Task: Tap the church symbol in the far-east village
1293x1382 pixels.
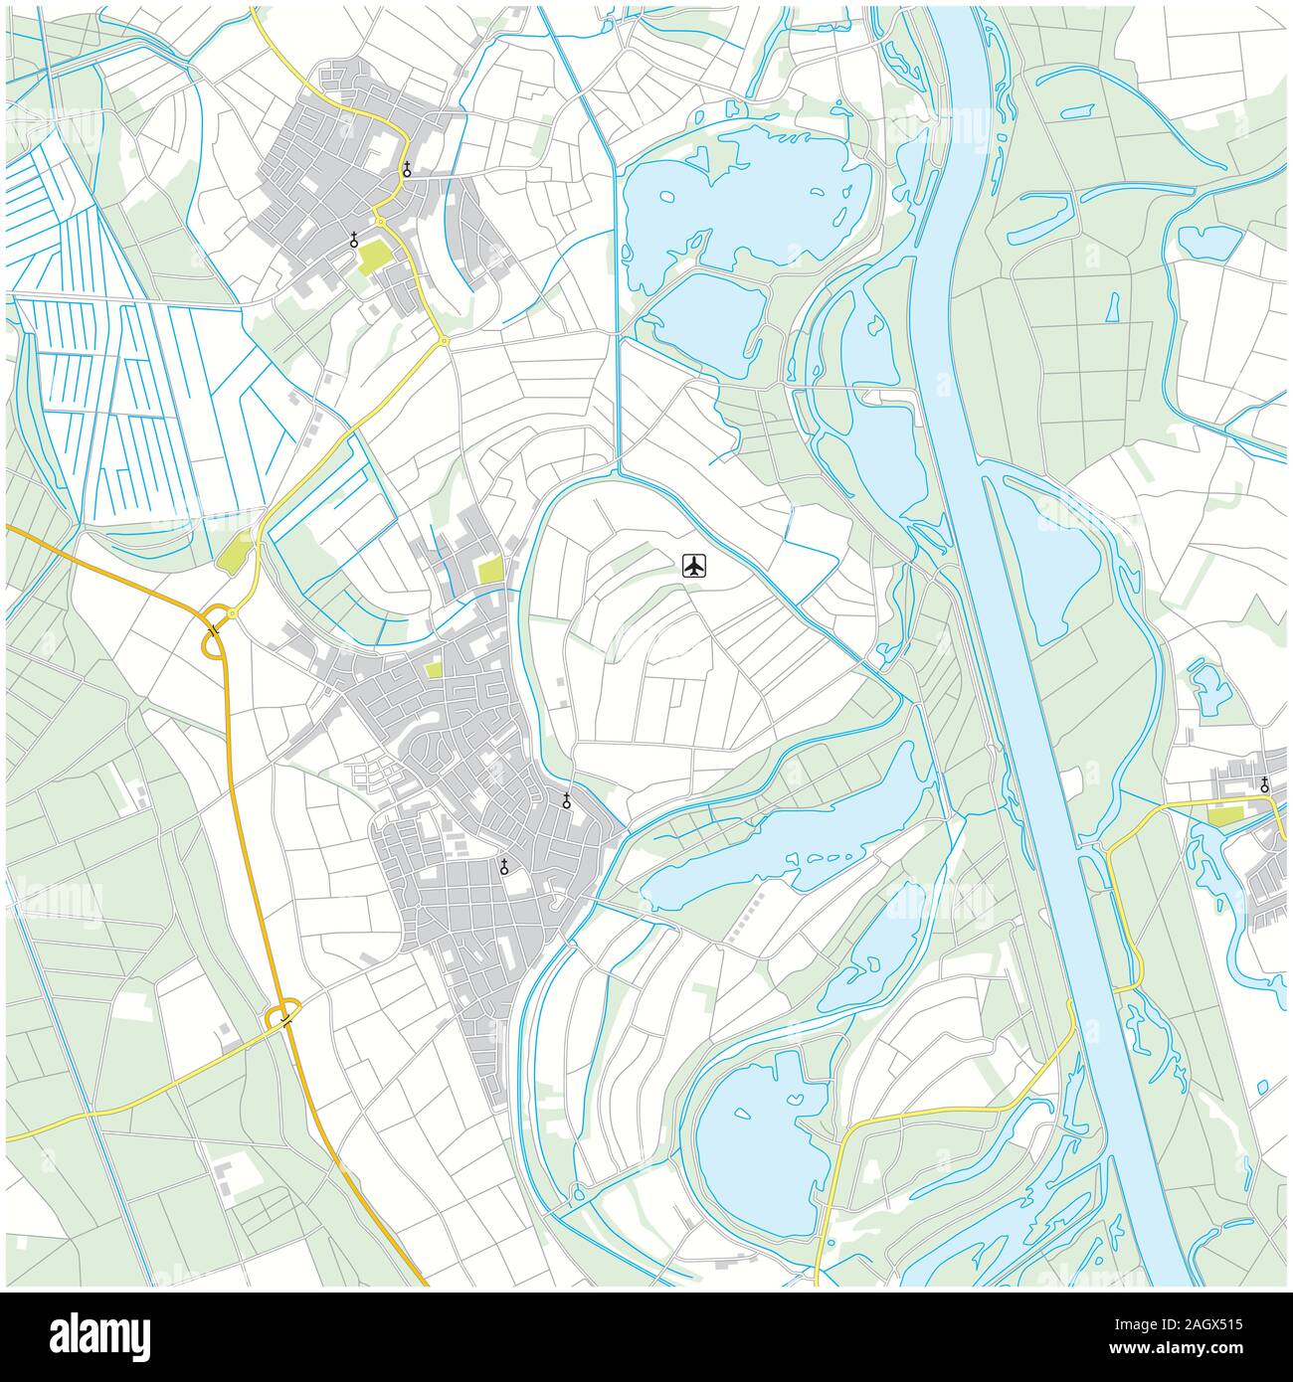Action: pos(1264,784)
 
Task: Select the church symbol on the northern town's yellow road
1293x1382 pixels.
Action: pos(407,169)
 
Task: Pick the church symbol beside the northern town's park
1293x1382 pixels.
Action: pos(354,239)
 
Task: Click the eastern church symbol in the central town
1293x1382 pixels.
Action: pos(566,800)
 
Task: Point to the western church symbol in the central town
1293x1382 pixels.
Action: pos(504,867)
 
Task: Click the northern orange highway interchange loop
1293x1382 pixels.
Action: pos(213,644)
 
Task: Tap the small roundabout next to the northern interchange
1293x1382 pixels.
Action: pos(232,614)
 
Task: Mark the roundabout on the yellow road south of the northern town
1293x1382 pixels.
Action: pos(444,341)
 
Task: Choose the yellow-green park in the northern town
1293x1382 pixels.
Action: pos(375,257)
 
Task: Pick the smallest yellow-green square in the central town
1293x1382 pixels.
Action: pos(433,671)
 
